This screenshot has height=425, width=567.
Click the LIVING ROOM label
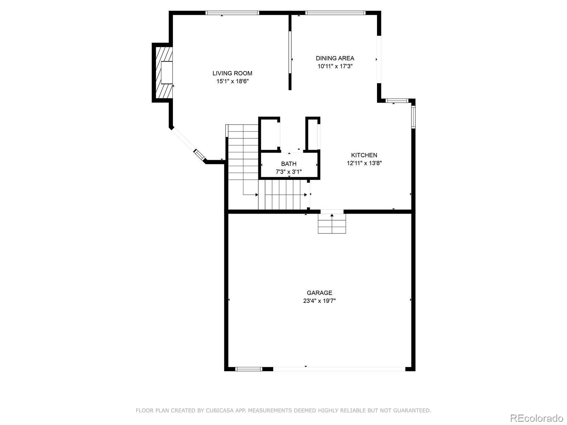tap(232, 73)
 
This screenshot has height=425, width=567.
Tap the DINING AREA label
tap(335, 58)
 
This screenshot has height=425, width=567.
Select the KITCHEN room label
tap(364, 155)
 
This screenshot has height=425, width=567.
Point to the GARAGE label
tap(319, 293)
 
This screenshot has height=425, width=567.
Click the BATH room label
tap(289, 164)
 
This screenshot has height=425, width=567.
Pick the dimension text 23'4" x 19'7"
tap(319, 301)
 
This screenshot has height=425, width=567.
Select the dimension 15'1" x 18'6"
tap(232, 81)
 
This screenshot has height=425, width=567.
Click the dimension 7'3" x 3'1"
tap(289, 172)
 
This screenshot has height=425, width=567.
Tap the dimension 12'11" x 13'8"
tap(364, 163)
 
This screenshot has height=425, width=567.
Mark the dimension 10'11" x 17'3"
tap(335, 66)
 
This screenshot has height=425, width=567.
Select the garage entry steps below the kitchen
tap(332, 224)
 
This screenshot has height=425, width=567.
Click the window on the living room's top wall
tap(232, 13)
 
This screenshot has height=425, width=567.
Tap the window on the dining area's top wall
tap(335, 13)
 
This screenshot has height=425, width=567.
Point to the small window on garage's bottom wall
tap(249, 369)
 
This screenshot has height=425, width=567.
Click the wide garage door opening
tap(339, 369)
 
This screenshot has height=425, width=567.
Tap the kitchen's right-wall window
tap(413, 117)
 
